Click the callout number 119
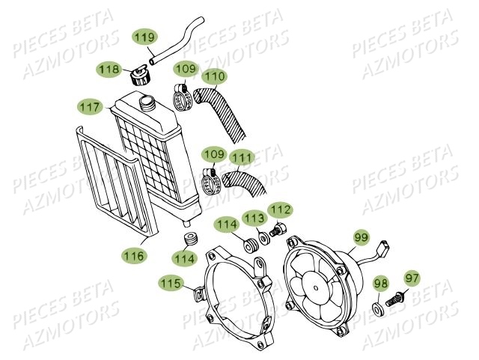point(145,36)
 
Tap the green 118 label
point(110,70)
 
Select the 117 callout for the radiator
point(91,107)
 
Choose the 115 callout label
point(170,282)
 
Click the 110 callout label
point(214,75)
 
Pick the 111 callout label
point(241,158)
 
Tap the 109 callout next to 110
point(186,70)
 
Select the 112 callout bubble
point(281,210)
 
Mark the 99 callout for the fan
point(361,237)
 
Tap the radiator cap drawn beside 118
point(138,76)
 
